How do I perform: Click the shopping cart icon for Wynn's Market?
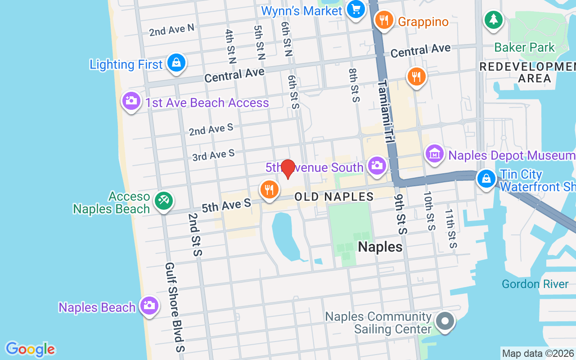[x=356, y=9]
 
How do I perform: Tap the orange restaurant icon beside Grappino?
[x=384, y=20]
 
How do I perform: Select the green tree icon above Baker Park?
[x=494, y=19]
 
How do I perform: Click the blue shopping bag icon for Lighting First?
[x=176, y=63]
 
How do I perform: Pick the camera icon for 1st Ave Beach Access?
[x=131, y=101]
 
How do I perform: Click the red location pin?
[x=288, y=169]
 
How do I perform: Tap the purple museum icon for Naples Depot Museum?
[x=435, y=154]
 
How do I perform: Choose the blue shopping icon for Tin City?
[x=486, y=179]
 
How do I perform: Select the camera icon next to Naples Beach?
[x=149, y=306]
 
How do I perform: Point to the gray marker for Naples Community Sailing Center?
[x=445, y=321]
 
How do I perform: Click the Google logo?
[x=30, y=349]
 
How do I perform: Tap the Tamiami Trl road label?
[x=386, y=112]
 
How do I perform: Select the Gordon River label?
[x=535, y=284]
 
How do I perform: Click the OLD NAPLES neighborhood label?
[x=334, y=197]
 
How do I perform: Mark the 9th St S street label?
[x=400, y=214]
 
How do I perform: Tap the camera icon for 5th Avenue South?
[x=377, y=166]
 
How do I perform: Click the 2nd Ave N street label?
[x=171, y=30]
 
